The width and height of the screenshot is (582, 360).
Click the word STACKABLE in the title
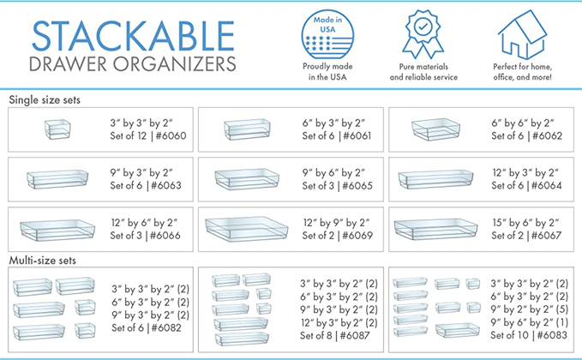tap(133, 36)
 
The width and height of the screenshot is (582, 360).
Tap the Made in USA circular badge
tap(327, 34)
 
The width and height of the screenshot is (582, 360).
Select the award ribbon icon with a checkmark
tap(423, 34)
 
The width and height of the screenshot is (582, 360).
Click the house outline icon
tap(522, 34)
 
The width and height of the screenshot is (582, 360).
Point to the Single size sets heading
tap(45, 99)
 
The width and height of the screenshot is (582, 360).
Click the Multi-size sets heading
tap(43, 261)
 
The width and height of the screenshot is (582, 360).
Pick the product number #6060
tap(171, 135)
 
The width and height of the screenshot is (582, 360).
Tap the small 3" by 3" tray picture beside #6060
tap(57, 129)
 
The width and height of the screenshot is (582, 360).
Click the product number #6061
tap(357, 135)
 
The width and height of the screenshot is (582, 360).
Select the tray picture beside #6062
tap(435, 129)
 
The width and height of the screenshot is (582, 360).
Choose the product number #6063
tap(166, 185)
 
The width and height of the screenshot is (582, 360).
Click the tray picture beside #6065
tap(247, 179)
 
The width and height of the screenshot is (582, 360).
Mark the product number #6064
tap(546, 185)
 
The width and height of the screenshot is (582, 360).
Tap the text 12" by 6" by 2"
tap(144, 223)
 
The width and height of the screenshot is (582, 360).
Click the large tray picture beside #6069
tap(247, 229)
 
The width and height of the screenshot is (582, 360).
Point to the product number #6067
tap(546, 235)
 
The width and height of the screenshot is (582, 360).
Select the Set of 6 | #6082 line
tap(147, 327)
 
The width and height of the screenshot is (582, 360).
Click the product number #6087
tap(355, 335)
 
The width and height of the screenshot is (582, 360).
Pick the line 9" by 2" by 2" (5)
tap(530, 309)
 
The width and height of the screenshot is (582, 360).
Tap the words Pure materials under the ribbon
tap(423, 67)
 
